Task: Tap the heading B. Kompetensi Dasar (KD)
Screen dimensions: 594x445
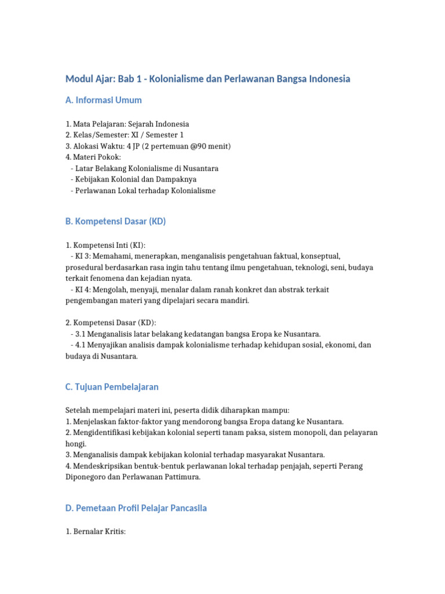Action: pyautogui.click(x=115, y=221)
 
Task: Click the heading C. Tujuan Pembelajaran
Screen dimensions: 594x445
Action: pyautogui.click(x=112, y=387)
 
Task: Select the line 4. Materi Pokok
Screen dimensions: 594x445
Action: pyautogui.click(x=93, y=157)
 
